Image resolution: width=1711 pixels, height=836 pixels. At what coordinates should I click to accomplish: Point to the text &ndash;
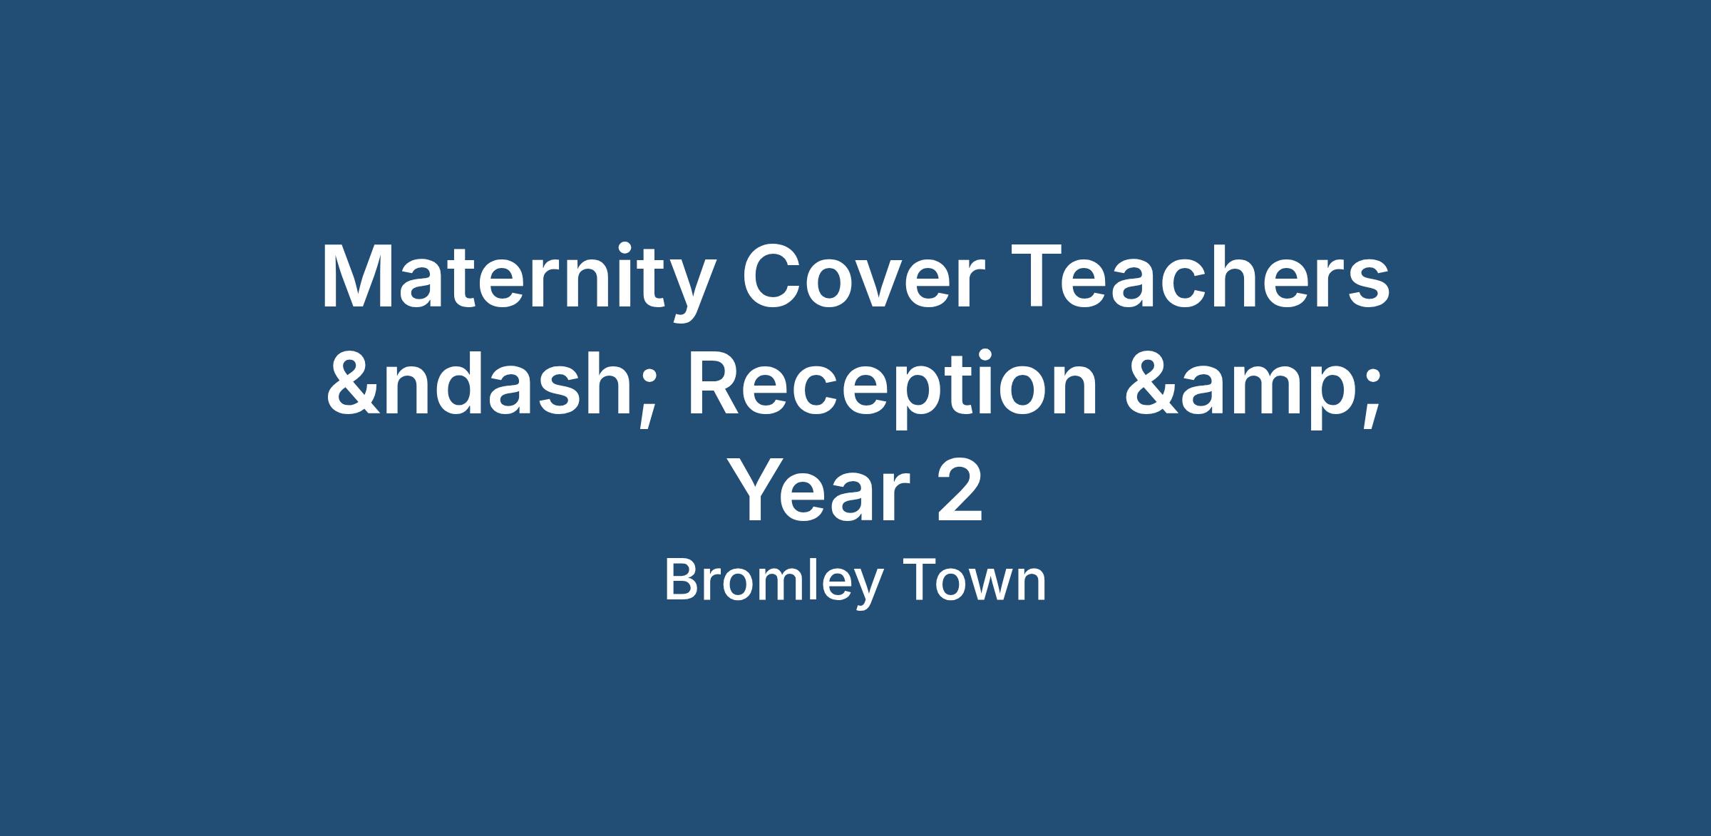(x=490, y=386)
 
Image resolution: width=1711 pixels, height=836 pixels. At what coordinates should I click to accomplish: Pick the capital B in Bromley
(x=681, y=581)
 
